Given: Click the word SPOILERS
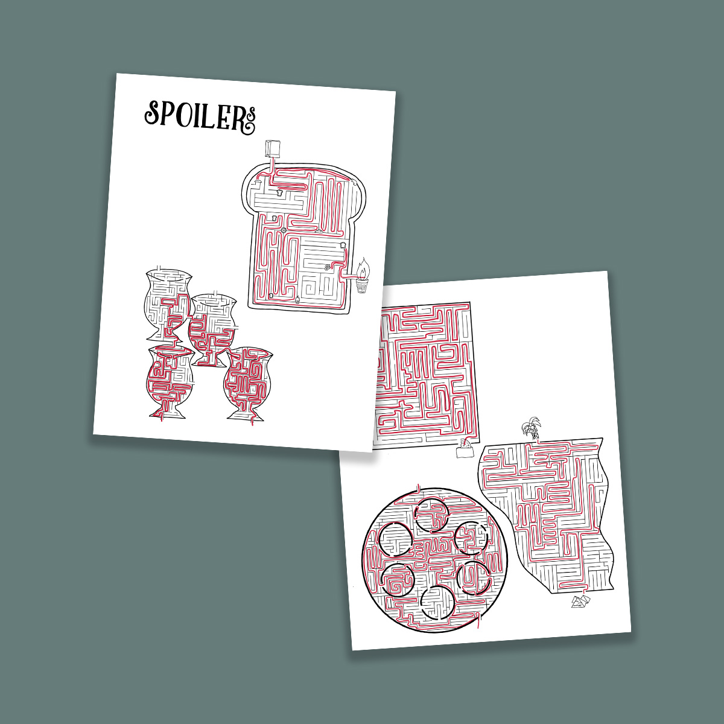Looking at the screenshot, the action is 200,116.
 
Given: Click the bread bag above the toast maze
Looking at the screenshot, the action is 273,149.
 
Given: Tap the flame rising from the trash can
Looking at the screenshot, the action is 364,268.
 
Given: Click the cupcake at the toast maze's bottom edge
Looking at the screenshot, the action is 298,299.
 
